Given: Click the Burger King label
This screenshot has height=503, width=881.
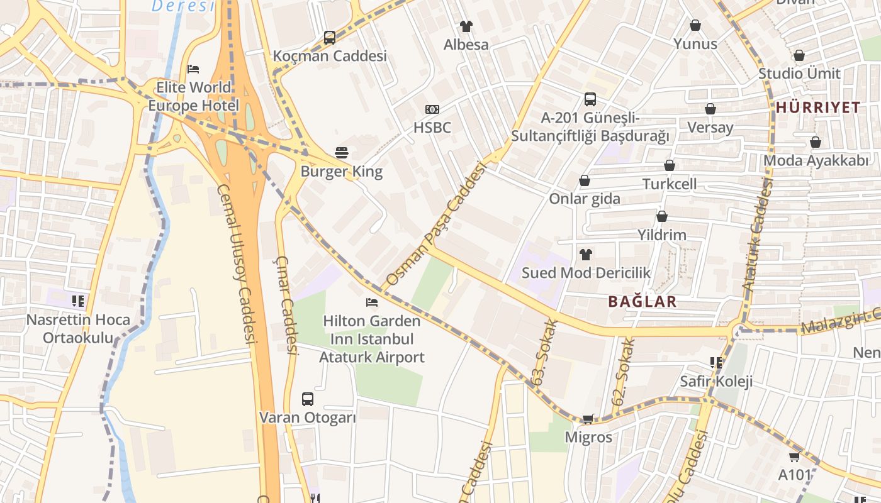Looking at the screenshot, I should pos(341,171).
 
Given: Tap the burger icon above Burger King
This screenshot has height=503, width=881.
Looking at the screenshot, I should pos(341,153).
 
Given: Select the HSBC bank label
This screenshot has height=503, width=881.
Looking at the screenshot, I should pos(432,128).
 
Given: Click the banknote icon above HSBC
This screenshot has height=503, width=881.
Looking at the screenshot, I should pos(432,109).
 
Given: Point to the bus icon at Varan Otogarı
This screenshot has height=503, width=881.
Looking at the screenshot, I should pos(307,399).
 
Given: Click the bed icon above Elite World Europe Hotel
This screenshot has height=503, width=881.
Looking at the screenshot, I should pos(193,69).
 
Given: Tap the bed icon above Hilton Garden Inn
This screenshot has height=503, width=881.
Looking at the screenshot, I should pos(372,302).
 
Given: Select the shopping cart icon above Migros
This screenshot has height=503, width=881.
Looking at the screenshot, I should pos(588,419).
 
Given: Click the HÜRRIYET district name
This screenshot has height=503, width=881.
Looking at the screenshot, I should pos(817,107).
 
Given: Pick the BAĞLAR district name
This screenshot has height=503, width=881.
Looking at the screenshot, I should pos(642,301).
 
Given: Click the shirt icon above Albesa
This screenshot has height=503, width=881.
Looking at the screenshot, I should pos(466,26).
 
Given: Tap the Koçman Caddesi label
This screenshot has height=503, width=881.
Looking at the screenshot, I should pos(330,56).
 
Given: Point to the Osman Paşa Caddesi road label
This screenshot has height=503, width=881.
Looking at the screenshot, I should pos(437,224).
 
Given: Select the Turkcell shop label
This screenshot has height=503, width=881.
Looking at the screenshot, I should pos(669,184).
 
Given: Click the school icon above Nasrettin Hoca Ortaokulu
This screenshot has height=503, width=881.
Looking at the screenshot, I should pos(78,301).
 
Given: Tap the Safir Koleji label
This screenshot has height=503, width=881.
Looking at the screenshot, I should pos(715,381).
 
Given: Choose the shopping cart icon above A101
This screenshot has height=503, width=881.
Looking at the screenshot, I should pos(794,457).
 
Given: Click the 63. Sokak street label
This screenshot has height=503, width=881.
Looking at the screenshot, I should pos(545,352).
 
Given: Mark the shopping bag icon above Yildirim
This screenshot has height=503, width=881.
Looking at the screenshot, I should pos(661,217).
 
